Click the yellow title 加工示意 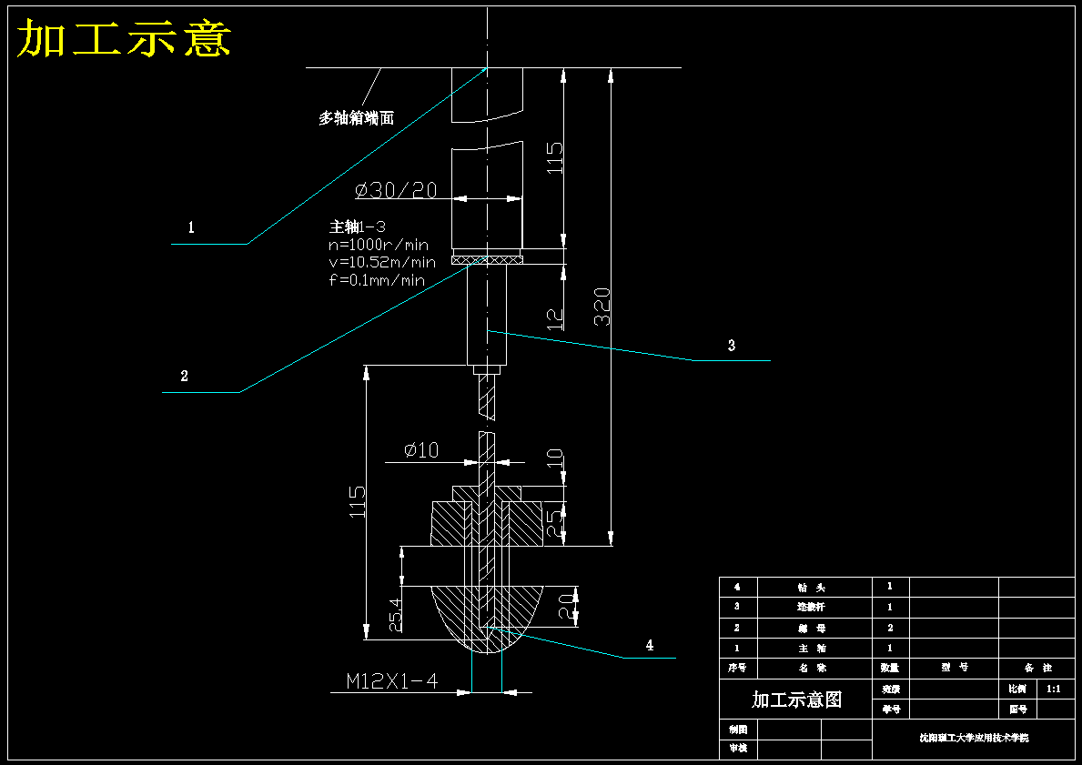click(x=125, y=39)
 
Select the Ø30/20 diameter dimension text click(x=396, y=190)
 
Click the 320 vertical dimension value click(x=602, y=307)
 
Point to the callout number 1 click(x=191, y=227)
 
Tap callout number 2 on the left click(x=184, y=376)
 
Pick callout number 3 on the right click(x=731, y=346)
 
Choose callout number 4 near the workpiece click(x=649, y=645)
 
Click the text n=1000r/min click(x=378, y=245)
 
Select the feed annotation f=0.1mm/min click(x=376, y=280)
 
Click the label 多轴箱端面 click(x=356, y=118)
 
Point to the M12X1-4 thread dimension click(x=392, y=680)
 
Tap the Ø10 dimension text click(x=421, y=450)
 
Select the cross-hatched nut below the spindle click(x=488, y=260)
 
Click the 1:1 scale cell click(x=1053, y=690)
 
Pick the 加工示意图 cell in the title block click(x=796, y=700)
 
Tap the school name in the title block click(x=973, y=739)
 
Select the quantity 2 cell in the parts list click(x=890, y=628)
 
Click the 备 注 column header click(x=1036, y=668)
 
